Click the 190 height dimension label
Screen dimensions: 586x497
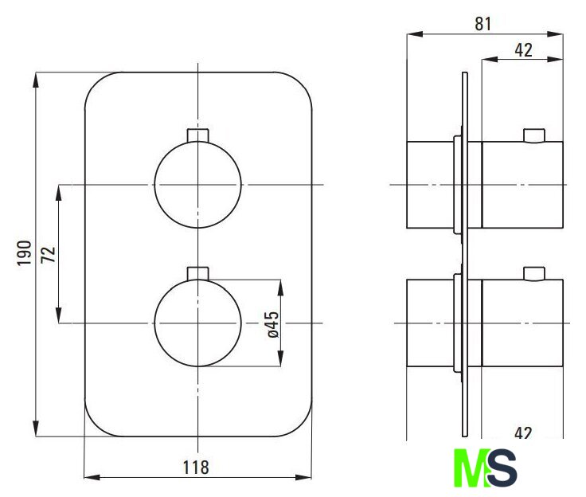[x=25, y=253]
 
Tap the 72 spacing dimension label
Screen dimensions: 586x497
[x=49, y=255]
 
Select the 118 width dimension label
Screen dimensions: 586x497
[x=196, y=468]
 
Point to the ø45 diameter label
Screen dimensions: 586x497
[x=273, y=324]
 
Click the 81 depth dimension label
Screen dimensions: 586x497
[x=483, y=24]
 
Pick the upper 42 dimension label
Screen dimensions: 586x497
[x=523, y=50]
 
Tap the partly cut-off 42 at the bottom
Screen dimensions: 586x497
[x=523, y=432]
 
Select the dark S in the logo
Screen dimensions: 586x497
[x=502, y=468]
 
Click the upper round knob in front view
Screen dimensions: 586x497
[x=197, y=185]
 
